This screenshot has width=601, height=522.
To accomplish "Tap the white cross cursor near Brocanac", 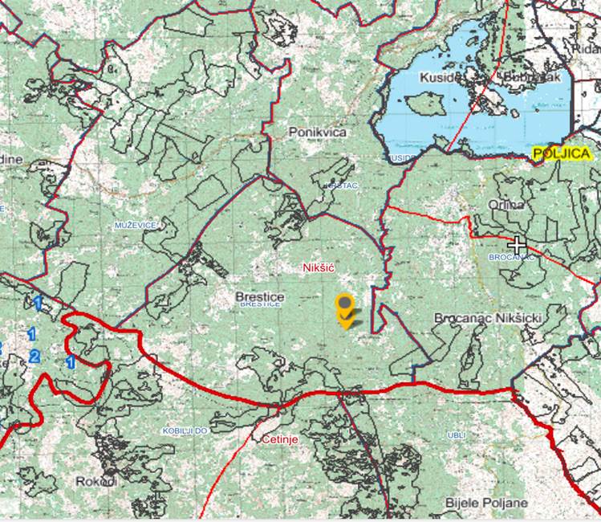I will point(517,244).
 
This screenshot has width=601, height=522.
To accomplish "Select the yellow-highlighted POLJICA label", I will point(562,153).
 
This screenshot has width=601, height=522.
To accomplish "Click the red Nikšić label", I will point(319,267).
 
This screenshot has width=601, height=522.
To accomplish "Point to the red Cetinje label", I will point(279,439).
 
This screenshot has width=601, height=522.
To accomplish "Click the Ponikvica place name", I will point(317,131).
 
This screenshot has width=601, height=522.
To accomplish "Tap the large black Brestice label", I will point(259,296).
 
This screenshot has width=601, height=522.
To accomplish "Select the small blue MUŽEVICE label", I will point(136,226).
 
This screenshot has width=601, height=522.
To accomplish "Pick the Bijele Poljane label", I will point(487,503).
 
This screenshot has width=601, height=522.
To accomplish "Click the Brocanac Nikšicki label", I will point(488,318).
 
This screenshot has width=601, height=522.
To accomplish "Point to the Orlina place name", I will point(506,205).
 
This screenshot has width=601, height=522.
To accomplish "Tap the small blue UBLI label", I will point(456,435).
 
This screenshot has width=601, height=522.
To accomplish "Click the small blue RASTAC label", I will point(340,186).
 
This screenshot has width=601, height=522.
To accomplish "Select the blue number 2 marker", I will point(34,356).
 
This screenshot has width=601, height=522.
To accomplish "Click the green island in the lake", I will point(425,104).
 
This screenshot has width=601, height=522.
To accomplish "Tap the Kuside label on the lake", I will point(439,78).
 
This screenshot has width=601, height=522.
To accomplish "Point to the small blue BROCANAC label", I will point(511,257).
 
